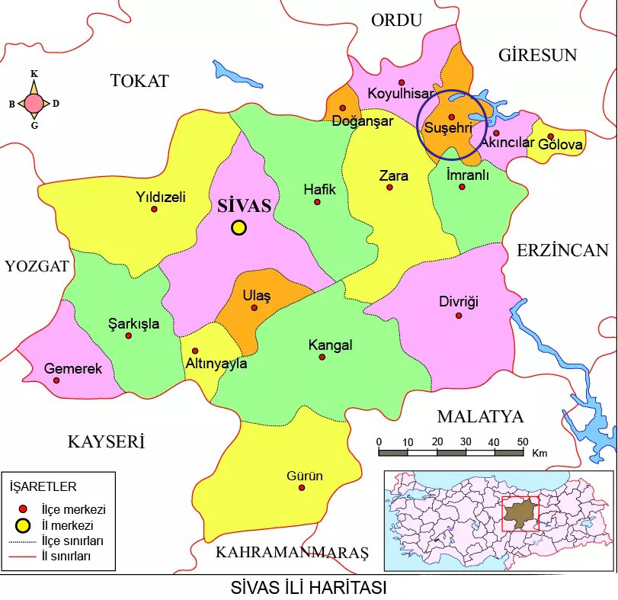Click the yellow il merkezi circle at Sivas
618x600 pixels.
239,227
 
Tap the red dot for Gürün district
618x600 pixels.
302,488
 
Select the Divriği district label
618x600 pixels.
459,301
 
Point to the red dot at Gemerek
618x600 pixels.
56,380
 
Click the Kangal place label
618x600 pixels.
330,345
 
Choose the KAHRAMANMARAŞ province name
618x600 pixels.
292,552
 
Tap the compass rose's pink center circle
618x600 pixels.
34,103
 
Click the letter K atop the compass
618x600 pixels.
34,74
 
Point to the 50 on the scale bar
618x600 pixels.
522,441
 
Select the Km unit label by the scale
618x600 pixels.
540,453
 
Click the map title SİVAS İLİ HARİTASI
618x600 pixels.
309,589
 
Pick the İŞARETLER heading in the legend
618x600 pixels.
43,486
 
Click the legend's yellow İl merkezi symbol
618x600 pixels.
24,525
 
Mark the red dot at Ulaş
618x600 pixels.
255,308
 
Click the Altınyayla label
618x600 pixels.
216,364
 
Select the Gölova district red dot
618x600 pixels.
550,137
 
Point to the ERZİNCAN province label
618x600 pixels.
562,250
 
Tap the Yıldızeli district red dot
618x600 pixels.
154,209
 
